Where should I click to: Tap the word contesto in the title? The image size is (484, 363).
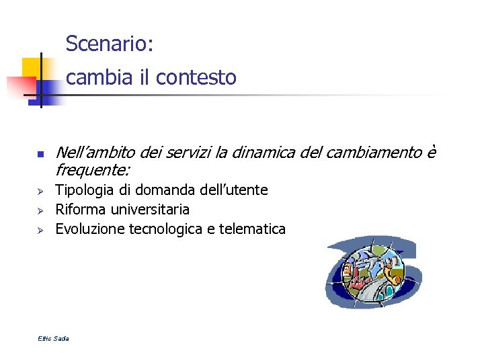[196, 78]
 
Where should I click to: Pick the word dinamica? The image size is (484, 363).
[265, 155]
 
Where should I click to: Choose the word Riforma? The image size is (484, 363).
[81, 210]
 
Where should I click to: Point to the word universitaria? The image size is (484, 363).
[151, 210]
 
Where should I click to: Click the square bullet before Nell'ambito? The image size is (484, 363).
[40, 155]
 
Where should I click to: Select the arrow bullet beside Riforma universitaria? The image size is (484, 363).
[40, 210]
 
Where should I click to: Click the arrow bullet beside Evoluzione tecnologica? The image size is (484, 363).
[40, 230]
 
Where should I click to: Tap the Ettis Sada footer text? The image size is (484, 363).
[53, 338]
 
